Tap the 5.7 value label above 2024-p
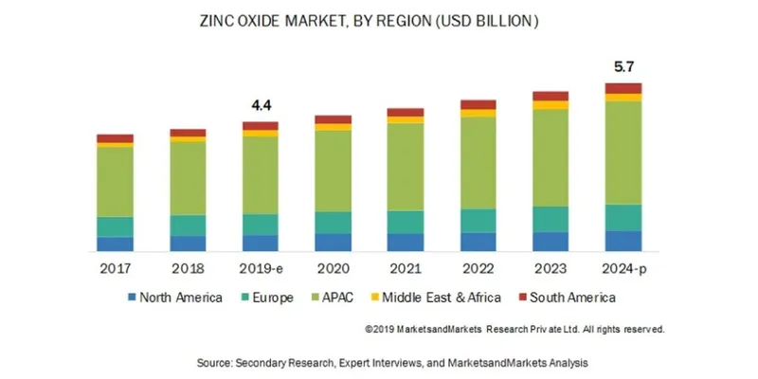tap(624, 68)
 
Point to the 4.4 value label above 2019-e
tap(261, 106)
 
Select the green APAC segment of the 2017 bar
tap(115, 181)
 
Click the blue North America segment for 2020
tap(334, 242)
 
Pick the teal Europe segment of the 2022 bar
tap(478, 220)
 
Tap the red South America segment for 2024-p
tap(624, 88)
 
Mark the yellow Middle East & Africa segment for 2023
tap(551, 104)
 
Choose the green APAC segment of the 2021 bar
tap(406, 167)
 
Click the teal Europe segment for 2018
tap(188, 225)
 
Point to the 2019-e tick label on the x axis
tap(261, 269)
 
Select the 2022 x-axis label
tap(478, 269)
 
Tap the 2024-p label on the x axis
tap(624, 269)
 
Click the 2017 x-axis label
tap(115, 269)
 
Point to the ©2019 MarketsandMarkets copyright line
tap(514, 329)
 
